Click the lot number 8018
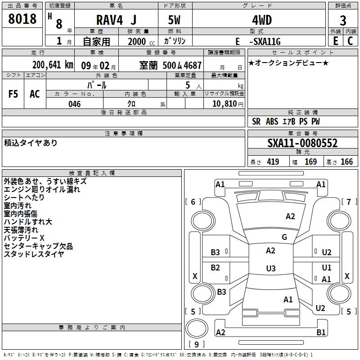[22, 19]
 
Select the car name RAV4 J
[116, 20]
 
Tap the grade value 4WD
[258, 20]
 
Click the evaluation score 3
[343, 21]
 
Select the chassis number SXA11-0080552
[302, 143]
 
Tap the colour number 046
[75, 104]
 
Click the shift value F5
[13, 94]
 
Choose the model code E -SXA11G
[258, 41]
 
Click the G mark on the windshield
[284, 237]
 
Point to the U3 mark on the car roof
[270, 269]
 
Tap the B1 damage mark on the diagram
[321, 333]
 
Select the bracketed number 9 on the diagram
[196, 345]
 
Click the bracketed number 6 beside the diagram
[193, 202]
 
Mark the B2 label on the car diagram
[216, 268]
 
